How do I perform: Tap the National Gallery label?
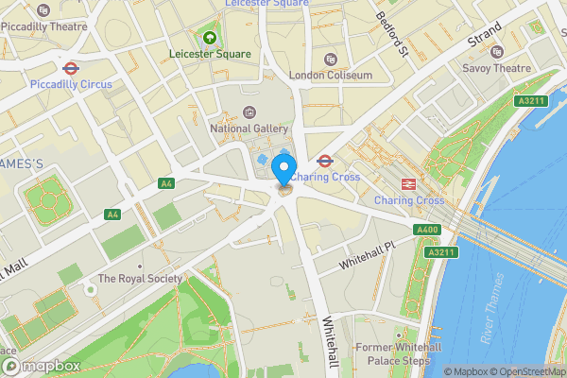point(249,128)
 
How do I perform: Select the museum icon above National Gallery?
point(249,112)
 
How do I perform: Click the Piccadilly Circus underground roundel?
point(70,68)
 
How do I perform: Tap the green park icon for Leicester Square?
point(210,38)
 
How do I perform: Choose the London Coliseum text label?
point(330,75)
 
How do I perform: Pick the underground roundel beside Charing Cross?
point(324,161)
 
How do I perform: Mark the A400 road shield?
point(427,230)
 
